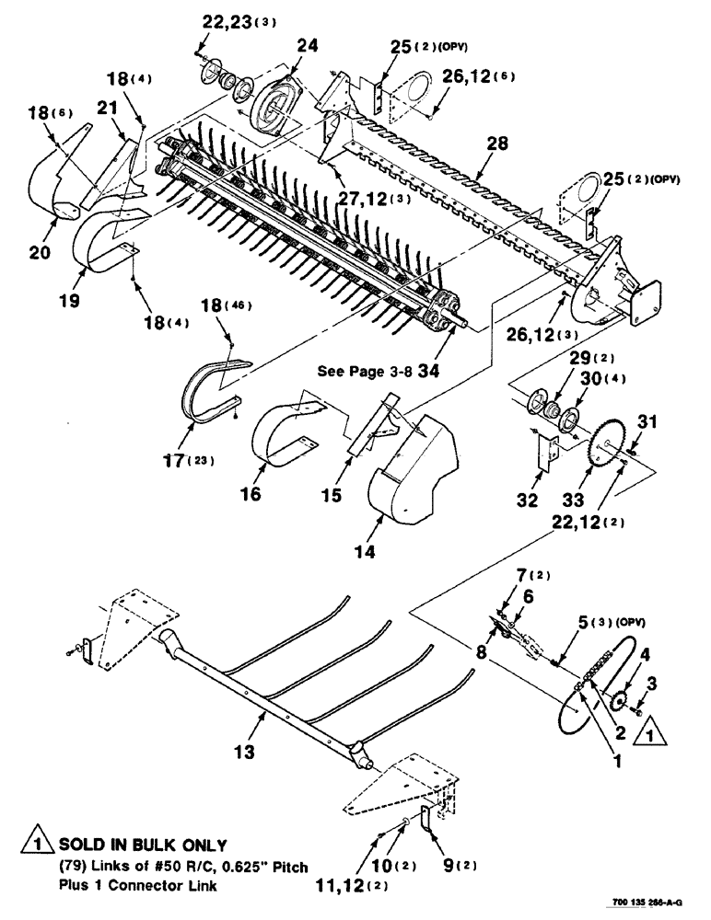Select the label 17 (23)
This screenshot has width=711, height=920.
tap(190, 460)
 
